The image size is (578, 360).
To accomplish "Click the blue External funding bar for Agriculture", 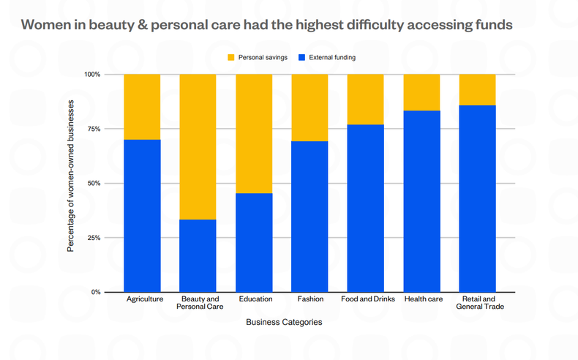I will pos(142,216).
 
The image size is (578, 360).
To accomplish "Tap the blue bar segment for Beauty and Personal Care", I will pos(198,255).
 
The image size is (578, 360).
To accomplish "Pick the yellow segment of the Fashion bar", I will pos(309,108).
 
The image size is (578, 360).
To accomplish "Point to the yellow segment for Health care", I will pos(421,92).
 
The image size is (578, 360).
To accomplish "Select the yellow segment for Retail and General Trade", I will pos(477,89).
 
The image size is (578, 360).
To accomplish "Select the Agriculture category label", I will pos(144,299).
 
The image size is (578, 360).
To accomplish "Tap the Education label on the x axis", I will pos(255,299).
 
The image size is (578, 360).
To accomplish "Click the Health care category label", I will pos(422,299).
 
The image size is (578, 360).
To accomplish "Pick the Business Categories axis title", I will pos(284,322).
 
